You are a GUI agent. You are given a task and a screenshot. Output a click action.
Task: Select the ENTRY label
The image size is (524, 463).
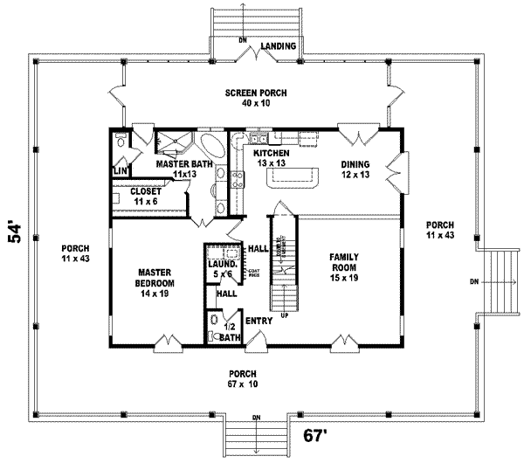pyautogui.click(x=258, y=321)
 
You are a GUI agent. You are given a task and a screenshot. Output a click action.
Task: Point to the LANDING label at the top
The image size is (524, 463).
pyautogui.click(x=278, y=45)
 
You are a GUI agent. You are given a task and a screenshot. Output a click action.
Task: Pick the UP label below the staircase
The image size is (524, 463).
pyautogui.click(x=284, y=315)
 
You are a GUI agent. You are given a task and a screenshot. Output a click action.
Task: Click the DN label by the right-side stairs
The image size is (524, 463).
pyautogui.click(x=473, y=281)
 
